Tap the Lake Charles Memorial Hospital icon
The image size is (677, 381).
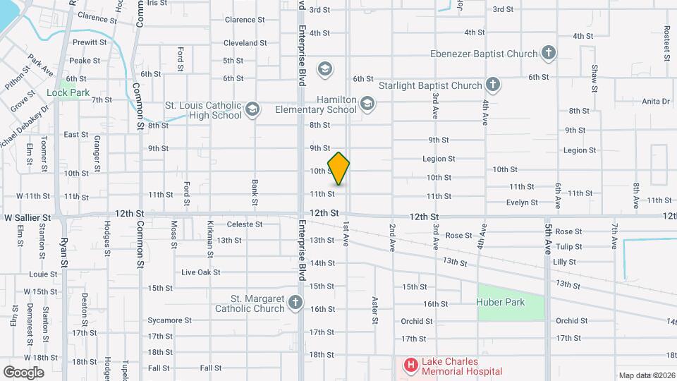click(410, 365)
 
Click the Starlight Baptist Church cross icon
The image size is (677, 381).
click(493, 85)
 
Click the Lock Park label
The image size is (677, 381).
click(68, 92)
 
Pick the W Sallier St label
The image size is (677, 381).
click(28, 218)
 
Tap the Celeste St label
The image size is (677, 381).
click(245, 224)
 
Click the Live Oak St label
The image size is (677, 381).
click(201, 272)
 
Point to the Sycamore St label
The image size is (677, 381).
click(170, 320)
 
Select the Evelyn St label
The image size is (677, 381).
click(522, 202)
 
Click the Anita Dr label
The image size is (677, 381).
click(656, 101)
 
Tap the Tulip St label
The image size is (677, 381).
click(568, 246)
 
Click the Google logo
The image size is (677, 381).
click(24, 372)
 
